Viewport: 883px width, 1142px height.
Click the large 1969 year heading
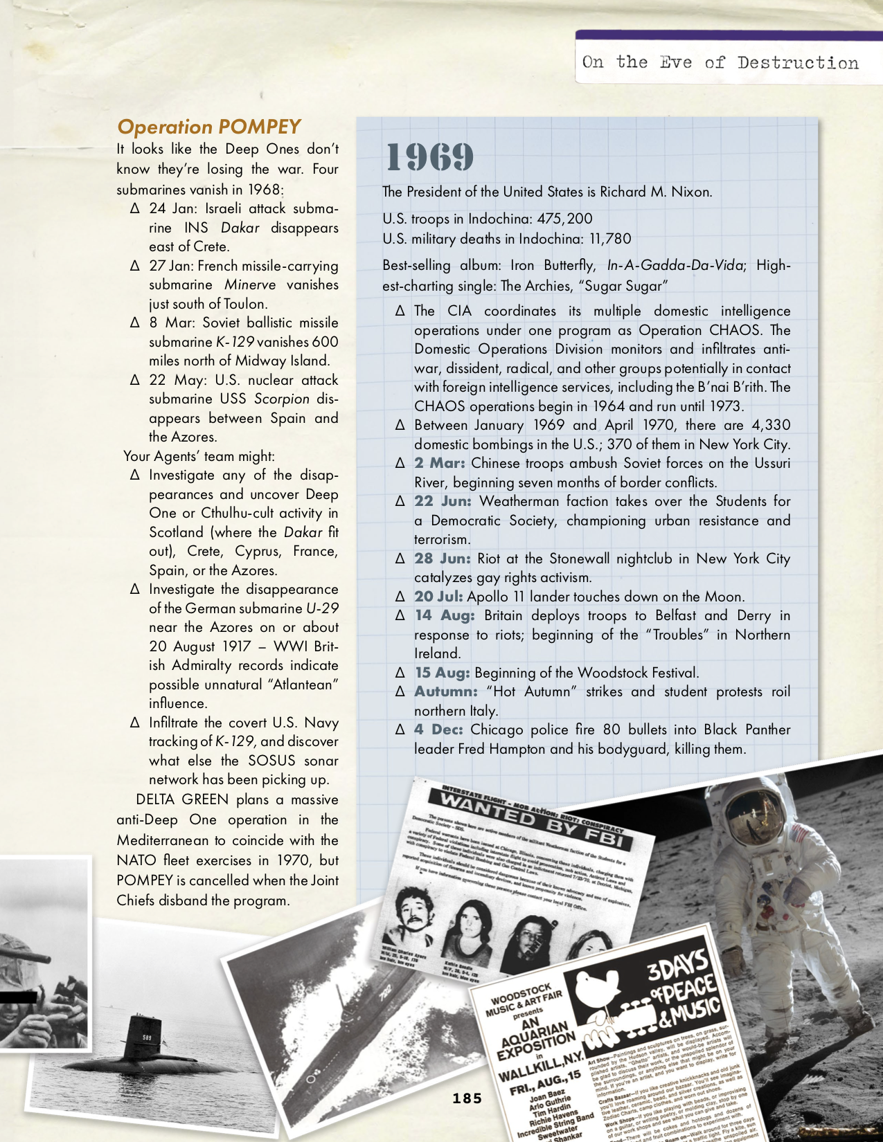(429, 157)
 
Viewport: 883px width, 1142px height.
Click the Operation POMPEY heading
(208, 127)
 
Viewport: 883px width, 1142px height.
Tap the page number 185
(467, 1098)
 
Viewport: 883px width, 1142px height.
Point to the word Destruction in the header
(797, 63)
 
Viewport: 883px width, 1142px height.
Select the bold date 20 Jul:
(439, 597)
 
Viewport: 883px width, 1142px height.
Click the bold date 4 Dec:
(439, 729)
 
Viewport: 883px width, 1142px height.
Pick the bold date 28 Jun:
(443, 559)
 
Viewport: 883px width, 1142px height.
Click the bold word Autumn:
(446, 691)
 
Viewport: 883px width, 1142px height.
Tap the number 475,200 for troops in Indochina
(564, 219)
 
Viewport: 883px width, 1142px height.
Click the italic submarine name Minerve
(250, 284)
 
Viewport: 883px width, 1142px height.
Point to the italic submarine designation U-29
(322, 608)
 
